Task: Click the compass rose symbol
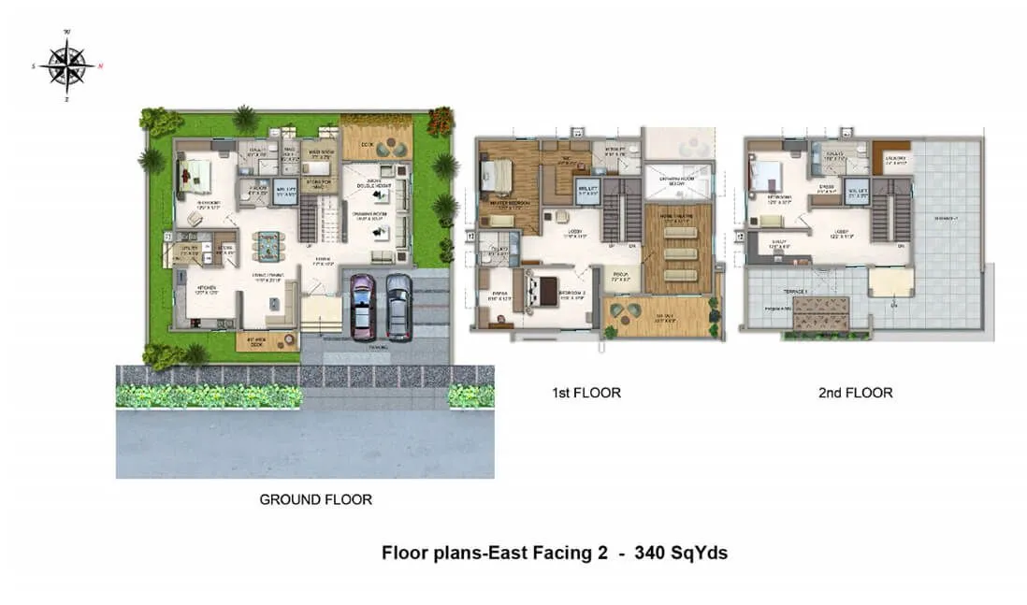66,65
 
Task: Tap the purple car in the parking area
361,305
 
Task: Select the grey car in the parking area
398,305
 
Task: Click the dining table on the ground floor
268,245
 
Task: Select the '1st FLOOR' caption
586,393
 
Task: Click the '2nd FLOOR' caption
855,393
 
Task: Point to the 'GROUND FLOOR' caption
315,499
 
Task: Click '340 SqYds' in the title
681,553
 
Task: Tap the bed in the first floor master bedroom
497,175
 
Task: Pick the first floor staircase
615,209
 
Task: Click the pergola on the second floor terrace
819,313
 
